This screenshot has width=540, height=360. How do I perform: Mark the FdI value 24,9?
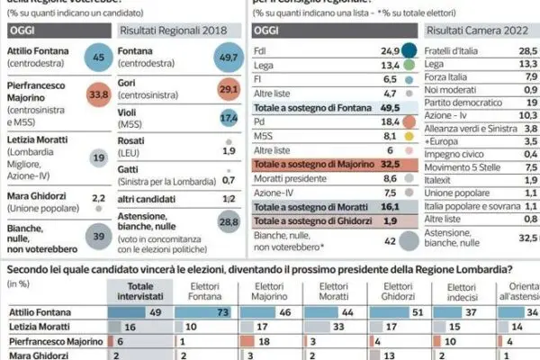click(x=388, y=50)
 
